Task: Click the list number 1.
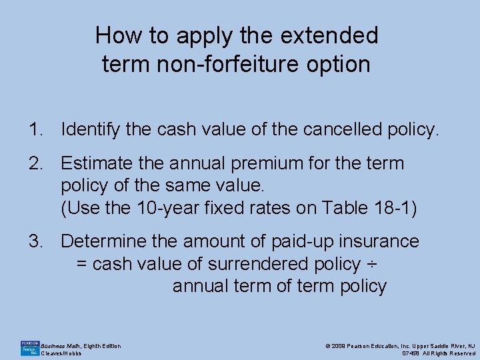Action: tap(34, 129)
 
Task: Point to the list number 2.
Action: tap(34, 163)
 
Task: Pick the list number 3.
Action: tap(34, 241)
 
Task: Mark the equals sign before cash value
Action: tap(81, 264)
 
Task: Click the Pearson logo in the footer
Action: tap(28, 347)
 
